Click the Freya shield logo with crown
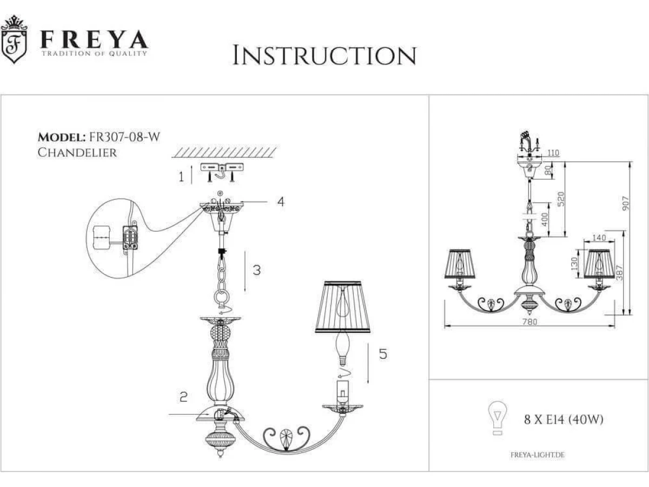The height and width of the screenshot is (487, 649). (x=14, y=40)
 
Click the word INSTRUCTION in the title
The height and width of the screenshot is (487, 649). (x=325, y=55)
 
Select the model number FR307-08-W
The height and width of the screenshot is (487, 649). (x=124, y=137)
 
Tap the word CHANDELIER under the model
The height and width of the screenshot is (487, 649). (x=77, y=153)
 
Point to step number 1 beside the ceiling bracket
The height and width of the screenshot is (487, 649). (x=181, y=177)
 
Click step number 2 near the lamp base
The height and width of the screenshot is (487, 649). (x=183, y=397)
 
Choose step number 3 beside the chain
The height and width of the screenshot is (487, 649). (x=257, y=270)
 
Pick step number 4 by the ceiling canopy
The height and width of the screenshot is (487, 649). (x=281, y=202)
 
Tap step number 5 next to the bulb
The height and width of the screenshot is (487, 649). (x=383, y=354)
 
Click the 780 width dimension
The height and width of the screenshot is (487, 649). (x=529, y=322)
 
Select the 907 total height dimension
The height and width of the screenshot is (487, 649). (x=625, y=203)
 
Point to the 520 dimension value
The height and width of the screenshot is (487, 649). (x=561, y=199)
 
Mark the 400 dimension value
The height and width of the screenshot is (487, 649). (x=544, y=219)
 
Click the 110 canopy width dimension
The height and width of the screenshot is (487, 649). (x=553, y=153)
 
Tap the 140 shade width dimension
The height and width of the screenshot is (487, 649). (x=599, y=238)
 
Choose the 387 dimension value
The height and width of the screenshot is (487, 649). (x=619, y=273)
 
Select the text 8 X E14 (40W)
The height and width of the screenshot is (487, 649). (x=564, y=419)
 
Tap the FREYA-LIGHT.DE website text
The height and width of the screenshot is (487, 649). (x=537, y=455)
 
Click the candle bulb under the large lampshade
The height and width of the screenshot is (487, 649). (x=343, y=348)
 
